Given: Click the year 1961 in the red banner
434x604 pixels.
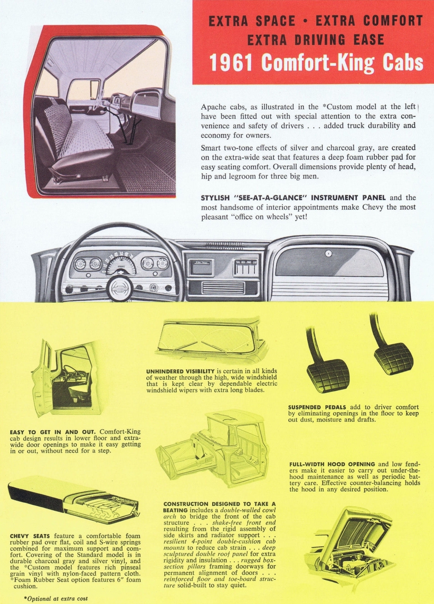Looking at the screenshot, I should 231,63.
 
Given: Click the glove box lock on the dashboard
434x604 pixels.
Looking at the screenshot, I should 328,254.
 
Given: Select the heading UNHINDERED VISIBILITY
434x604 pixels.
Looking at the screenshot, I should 180,371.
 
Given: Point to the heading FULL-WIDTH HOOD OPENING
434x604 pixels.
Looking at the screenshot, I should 332,464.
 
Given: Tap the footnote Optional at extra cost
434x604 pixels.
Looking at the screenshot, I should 56,598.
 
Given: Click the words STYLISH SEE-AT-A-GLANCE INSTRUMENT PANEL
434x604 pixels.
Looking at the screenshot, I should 293,197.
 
